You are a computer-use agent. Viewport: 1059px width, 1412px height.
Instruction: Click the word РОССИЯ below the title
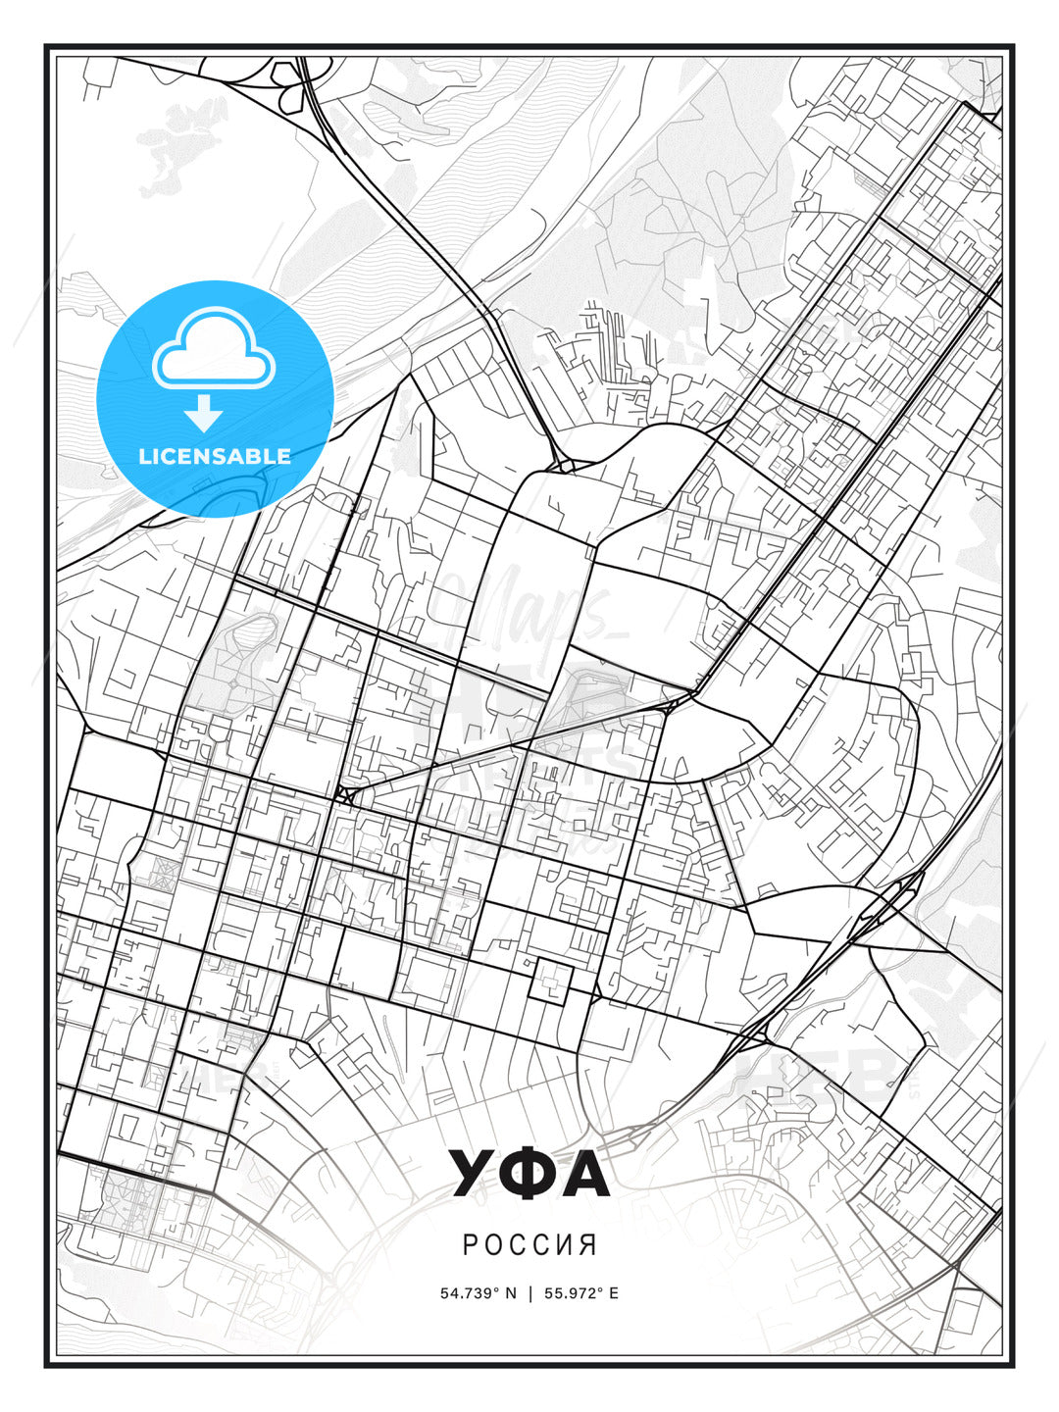529,1244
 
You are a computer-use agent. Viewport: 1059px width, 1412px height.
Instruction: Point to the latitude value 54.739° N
478,1292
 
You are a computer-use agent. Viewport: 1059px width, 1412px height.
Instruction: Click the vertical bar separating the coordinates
530,1292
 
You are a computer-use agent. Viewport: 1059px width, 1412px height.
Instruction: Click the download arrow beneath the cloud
204,414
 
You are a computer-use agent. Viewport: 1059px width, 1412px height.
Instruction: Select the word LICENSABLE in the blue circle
215,456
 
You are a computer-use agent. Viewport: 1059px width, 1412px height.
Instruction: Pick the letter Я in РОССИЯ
588,1244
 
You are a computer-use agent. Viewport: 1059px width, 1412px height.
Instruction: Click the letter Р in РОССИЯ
470,1244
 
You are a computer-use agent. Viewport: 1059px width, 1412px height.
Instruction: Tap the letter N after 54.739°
510,1292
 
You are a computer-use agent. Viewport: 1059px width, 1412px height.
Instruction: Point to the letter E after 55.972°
614,1292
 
